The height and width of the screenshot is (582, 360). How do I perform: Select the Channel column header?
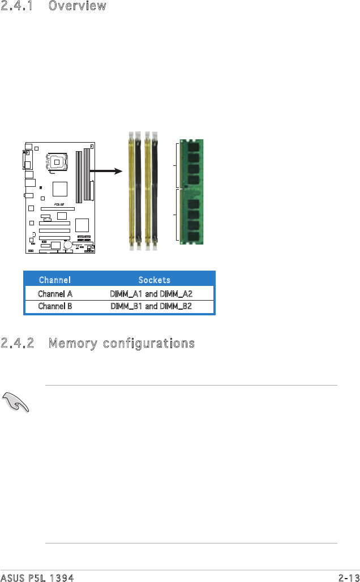tap(54, 280)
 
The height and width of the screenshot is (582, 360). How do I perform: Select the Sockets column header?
tap(154, 280)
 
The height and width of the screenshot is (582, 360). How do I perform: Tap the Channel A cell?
tap(54, 294)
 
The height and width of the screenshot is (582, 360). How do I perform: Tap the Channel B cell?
tap(54, 306)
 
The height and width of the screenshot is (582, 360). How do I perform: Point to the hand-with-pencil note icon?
tap(16, 403)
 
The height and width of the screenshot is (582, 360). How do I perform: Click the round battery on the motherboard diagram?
tap(68, 245)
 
